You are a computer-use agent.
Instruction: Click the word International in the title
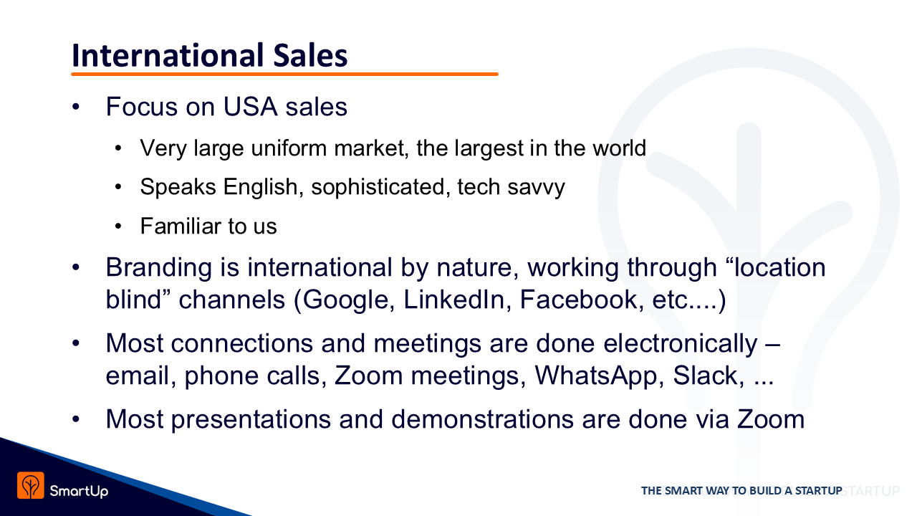coord(168,55)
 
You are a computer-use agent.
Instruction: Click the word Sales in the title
coord(310,55)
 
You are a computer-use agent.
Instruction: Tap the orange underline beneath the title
coord(284,74)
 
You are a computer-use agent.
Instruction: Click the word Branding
coord(159,268)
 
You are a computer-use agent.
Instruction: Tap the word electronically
coord(680,343)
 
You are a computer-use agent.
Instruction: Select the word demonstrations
coord(483,419)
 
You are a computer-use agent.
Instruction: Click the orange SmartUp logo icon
coord(31,485)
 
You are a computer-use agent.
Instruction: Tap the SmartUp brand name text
coord(79,491)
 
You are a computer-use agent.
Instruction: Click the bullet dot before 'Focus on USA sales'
coord(76,107)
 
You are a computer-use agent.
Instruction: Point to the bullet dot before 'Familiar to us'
coord(118,226)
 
